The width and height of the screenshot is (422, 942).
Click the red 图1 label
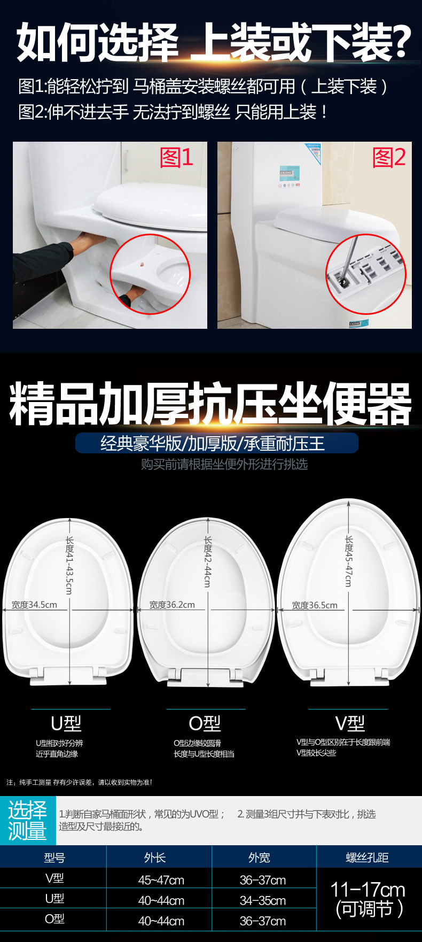pos(176,158)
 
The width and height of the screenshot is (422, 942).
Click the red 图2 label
pos(389,158)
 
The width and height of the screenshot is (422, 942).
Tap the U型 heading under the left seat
pos(66,723)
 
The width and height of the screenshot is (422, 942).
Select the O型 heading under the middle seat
pos(205,723)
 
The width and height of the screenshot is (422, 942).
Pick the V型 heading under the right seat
pos(350,723)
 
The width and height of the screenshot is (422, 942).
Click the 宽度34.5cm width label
pos(34,605)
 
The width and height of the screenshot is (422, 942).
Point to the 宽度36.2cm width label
pos(172,605)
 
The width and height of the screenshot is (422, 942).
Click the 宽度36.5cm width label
pos(315,605)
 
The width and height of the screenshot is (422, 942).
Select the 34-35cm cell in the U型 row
pos(263,901)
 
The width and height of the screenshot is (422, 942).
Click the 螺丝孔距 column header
pos(368,858)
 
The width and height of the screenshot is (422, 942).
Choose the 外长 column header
pos(155,858)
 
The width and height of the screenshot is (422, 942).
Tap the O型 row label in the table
pos(54,919)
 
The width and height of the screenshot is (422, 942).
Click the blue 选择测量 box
pos(27,821)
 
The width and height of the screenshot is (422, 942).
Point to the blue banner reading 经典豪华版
pos(216,443)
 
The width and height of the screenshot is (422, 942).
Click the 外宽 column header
pos(259,858)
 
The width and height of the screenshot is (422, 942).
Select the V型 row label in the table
pos(54,878)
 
